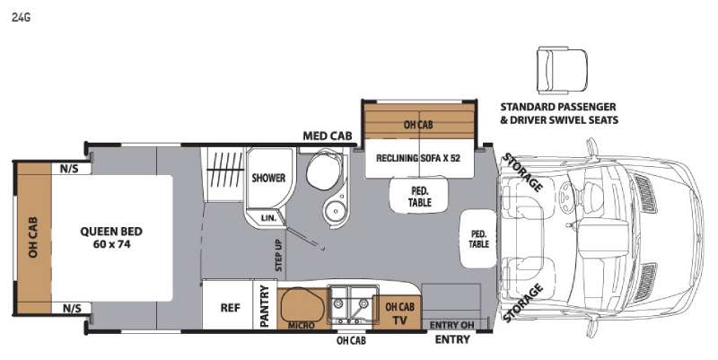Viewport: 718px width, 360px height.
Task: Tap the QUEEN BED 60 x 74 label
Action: (110, 237)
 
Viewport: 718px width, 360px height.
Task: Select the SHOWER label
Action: (267, 178)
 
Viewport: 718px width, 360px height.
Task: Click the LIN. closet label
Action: (268, 216)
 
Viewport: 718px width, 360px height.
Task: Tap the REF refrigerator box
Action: (229, 306)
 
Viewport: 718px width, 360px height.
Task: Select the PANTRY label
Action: (265, 306)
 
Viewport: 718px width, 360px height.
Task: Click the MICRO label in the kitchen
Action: (302, 325)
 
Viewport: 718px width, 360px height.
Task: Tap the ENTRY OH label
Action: (451, 324)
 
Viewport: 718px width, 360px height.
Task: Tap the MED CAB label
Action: (327, 136)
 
